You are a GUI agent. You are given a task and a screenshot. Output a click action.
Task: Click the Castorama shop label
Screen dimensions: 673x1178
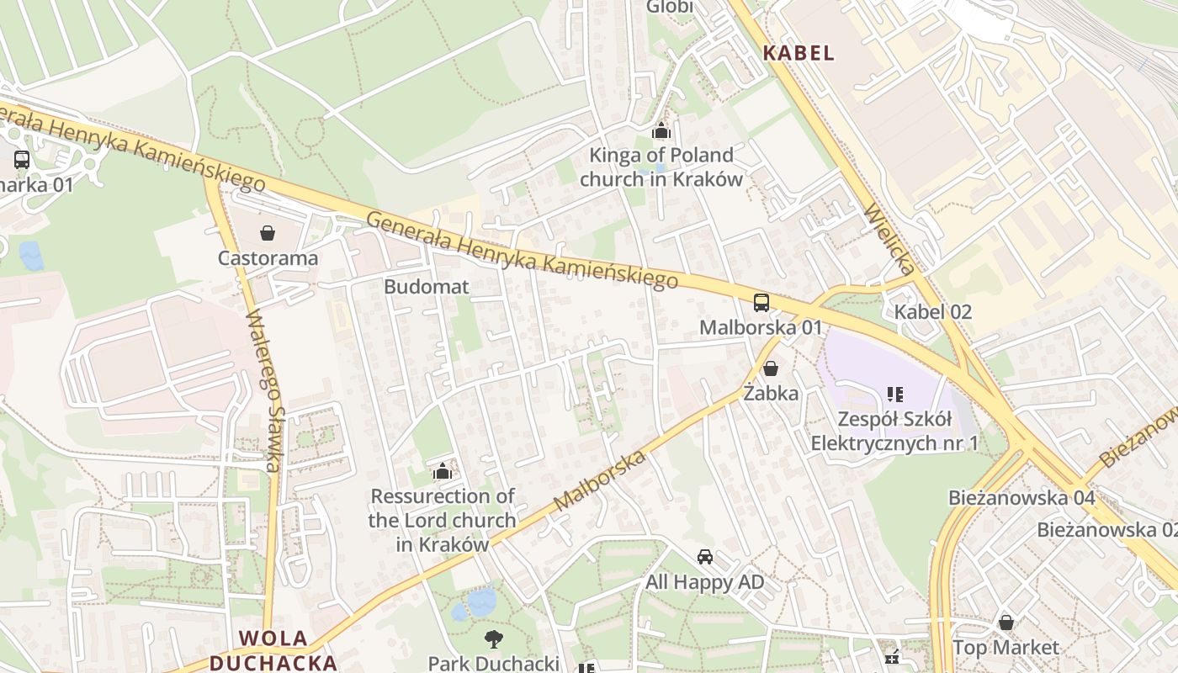coord(268,257)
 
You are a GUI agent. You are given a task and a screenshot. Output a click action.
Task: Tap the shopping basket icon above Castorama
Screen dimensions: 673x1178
coord(268,232)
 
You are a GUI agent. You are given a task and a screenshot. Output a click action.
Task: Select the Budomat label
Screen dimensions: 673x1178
coord(426,286)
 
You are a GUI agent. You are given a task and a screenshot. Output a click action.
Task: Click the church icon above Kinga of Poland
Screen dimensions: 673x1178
coord(661,130)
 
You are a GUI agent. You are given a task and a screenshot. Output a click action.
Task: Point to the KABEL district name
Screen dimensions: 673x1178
coord(799,53)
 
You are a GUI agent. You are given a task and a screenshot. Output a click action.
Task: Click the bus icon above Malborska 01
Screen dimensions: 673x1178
coord(761,303)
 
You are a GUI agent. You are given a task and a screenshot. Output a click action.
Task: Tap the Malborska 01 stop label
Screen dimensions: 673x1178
coord(761,327)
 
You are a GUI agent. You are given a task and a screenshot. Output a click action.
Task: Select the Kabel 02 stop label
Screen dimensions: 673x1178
coord(932,312)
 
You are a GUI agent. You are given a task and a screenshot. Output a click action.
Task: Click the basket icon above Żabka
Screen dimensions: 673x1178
coord(771,368)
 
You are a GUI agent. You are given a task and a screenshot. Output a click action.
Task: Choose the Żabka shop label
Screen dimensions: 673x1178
coord(771,392)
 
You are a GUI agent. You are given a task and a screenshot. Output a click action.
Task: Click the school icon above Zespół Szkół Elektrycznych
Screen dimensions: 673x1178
coord(894,394)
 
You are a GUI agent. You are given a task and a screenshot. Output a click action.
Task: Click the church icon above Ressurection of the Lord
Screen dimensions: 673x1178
coord(442,471)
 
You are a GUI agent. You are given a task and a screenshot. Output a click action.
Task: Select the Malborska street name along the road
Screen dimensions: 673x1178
coord(601,481)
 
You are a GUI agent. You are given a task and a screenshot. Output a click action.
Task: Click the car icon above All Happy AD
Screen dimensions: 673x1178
coord(705,557)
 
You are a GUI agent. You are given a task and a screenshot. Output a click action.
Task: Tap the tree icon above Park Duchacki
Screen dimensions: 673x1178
coord(493,639)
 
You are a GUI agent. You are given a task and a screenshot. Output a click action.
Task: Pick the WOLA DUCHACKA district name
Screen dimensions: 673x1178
coord(273,650)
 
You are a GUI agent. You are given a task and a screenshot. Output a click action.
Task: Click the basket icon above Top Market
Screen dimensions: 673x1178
coord(1006,623)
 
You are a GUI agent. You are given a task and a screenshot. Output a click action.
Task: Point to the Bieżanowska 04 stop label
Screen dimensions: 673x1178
coord(1021,497)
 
